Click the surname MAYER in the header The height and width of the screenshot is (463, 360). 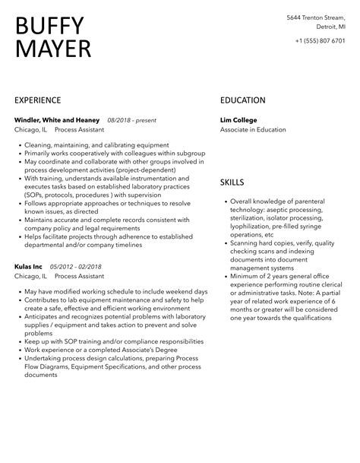(x=53, y=49)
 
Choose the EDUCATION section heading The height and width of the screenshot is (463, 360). (x=243, y=100)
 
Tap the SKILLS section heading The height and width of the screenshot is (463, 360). (x=232, y=183)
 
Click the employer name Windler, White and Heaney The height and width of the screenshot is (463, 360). (x=58, y=120)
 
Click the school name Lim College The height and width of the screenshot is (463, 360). (x=239, y=120)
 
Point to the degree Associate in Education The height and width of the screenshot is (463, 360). (x=254, y=130)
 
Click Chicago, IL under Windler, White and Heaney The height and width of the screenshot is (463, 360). (x=30, y=130)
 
